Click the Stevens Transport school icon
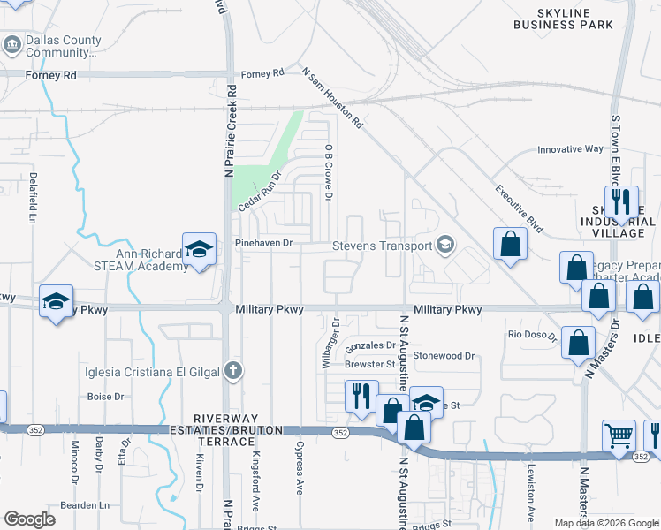[x=446, y=245]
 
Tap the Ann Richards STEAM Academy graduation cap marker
[x=199, y=249]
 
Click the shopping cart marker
[x=619, y=435]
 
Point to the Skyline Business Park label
[x=563, y=19]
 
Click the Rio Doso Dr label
[x=533, y=336]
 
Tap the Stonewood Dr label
[x=444, y=356]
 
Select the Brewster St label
[x=369, y=364]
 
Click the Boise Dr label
[x=105, y=397]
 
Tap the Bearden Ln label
[x=85, y=505]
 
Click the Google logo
[x=29, y=519]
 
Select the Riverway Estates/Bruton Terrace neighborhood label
[x=239, y=429]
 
